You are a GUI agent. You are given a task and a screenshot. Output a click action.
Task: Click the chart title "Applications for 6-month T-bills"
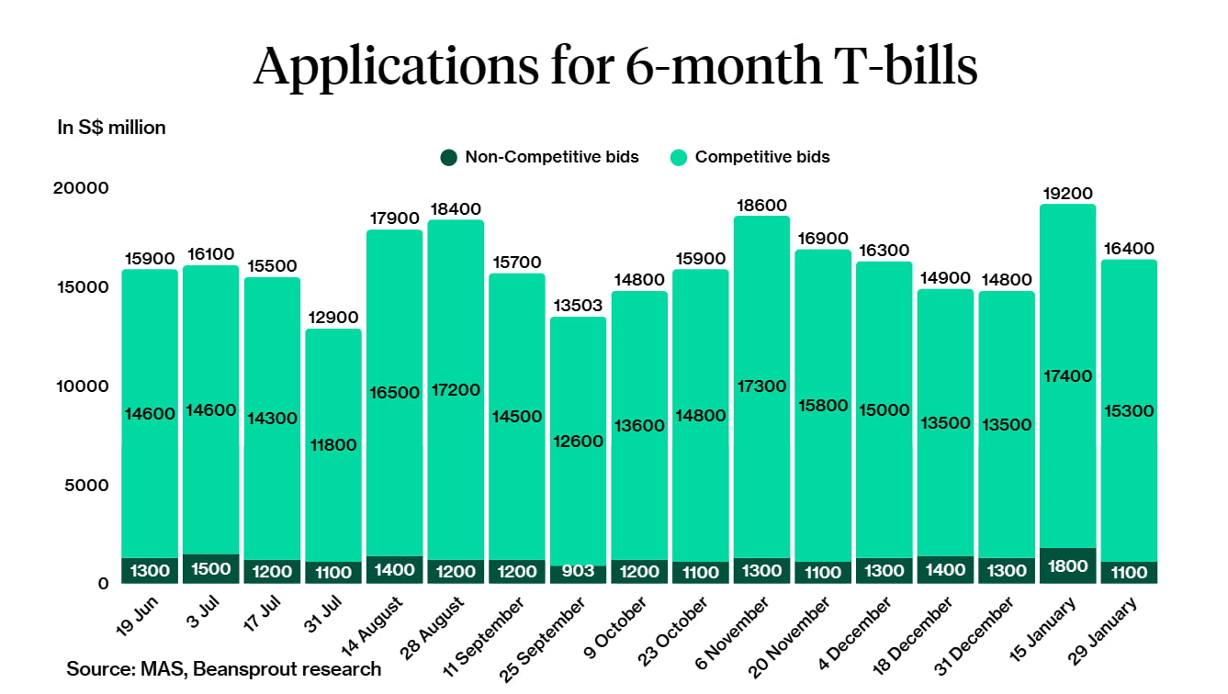[614, 66]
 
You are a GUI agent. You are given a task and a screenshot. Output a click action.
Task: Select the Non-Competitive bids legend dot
[448, 157]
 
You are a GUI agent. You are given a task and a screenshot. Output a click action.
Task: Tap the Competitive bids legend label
[761, 157]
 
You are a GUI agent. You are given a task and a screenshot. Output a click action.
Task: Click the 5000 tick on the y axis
[87, 485]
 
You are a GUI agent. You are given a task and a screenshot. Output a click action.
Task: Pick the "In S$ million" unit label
[111, 128]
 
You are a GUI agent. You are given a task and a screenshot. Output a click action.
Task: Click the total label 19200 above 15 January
[1067, 194]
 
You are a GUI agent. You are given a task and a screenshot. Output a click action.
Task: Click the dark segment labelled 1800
[1067, 565]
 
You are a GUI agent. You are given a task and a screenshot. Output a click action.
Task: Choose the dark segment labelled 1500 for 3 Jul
[210, 569]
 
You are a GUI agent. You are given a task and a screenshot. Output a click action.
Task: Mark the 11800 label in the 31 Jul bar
[332, 445]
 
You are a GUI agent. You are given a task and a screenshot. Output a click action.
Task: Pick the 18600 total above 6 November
[761, 206]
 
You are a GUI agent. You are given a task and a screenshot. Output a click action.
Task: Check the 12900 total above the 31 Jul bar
[332, 318]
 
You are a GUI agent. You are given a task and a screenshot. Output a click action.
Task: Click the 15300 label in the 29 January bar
[1129, 410]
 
